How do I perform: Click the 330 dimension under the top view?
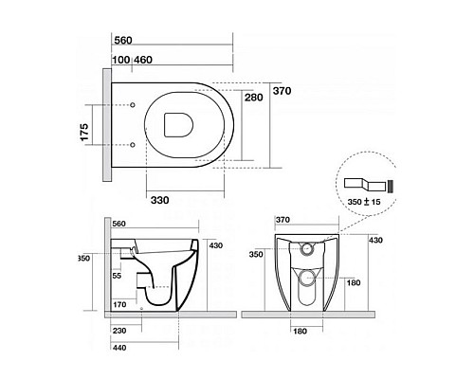(159, 200)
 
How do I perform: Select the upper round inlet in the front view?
(306, 249)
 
